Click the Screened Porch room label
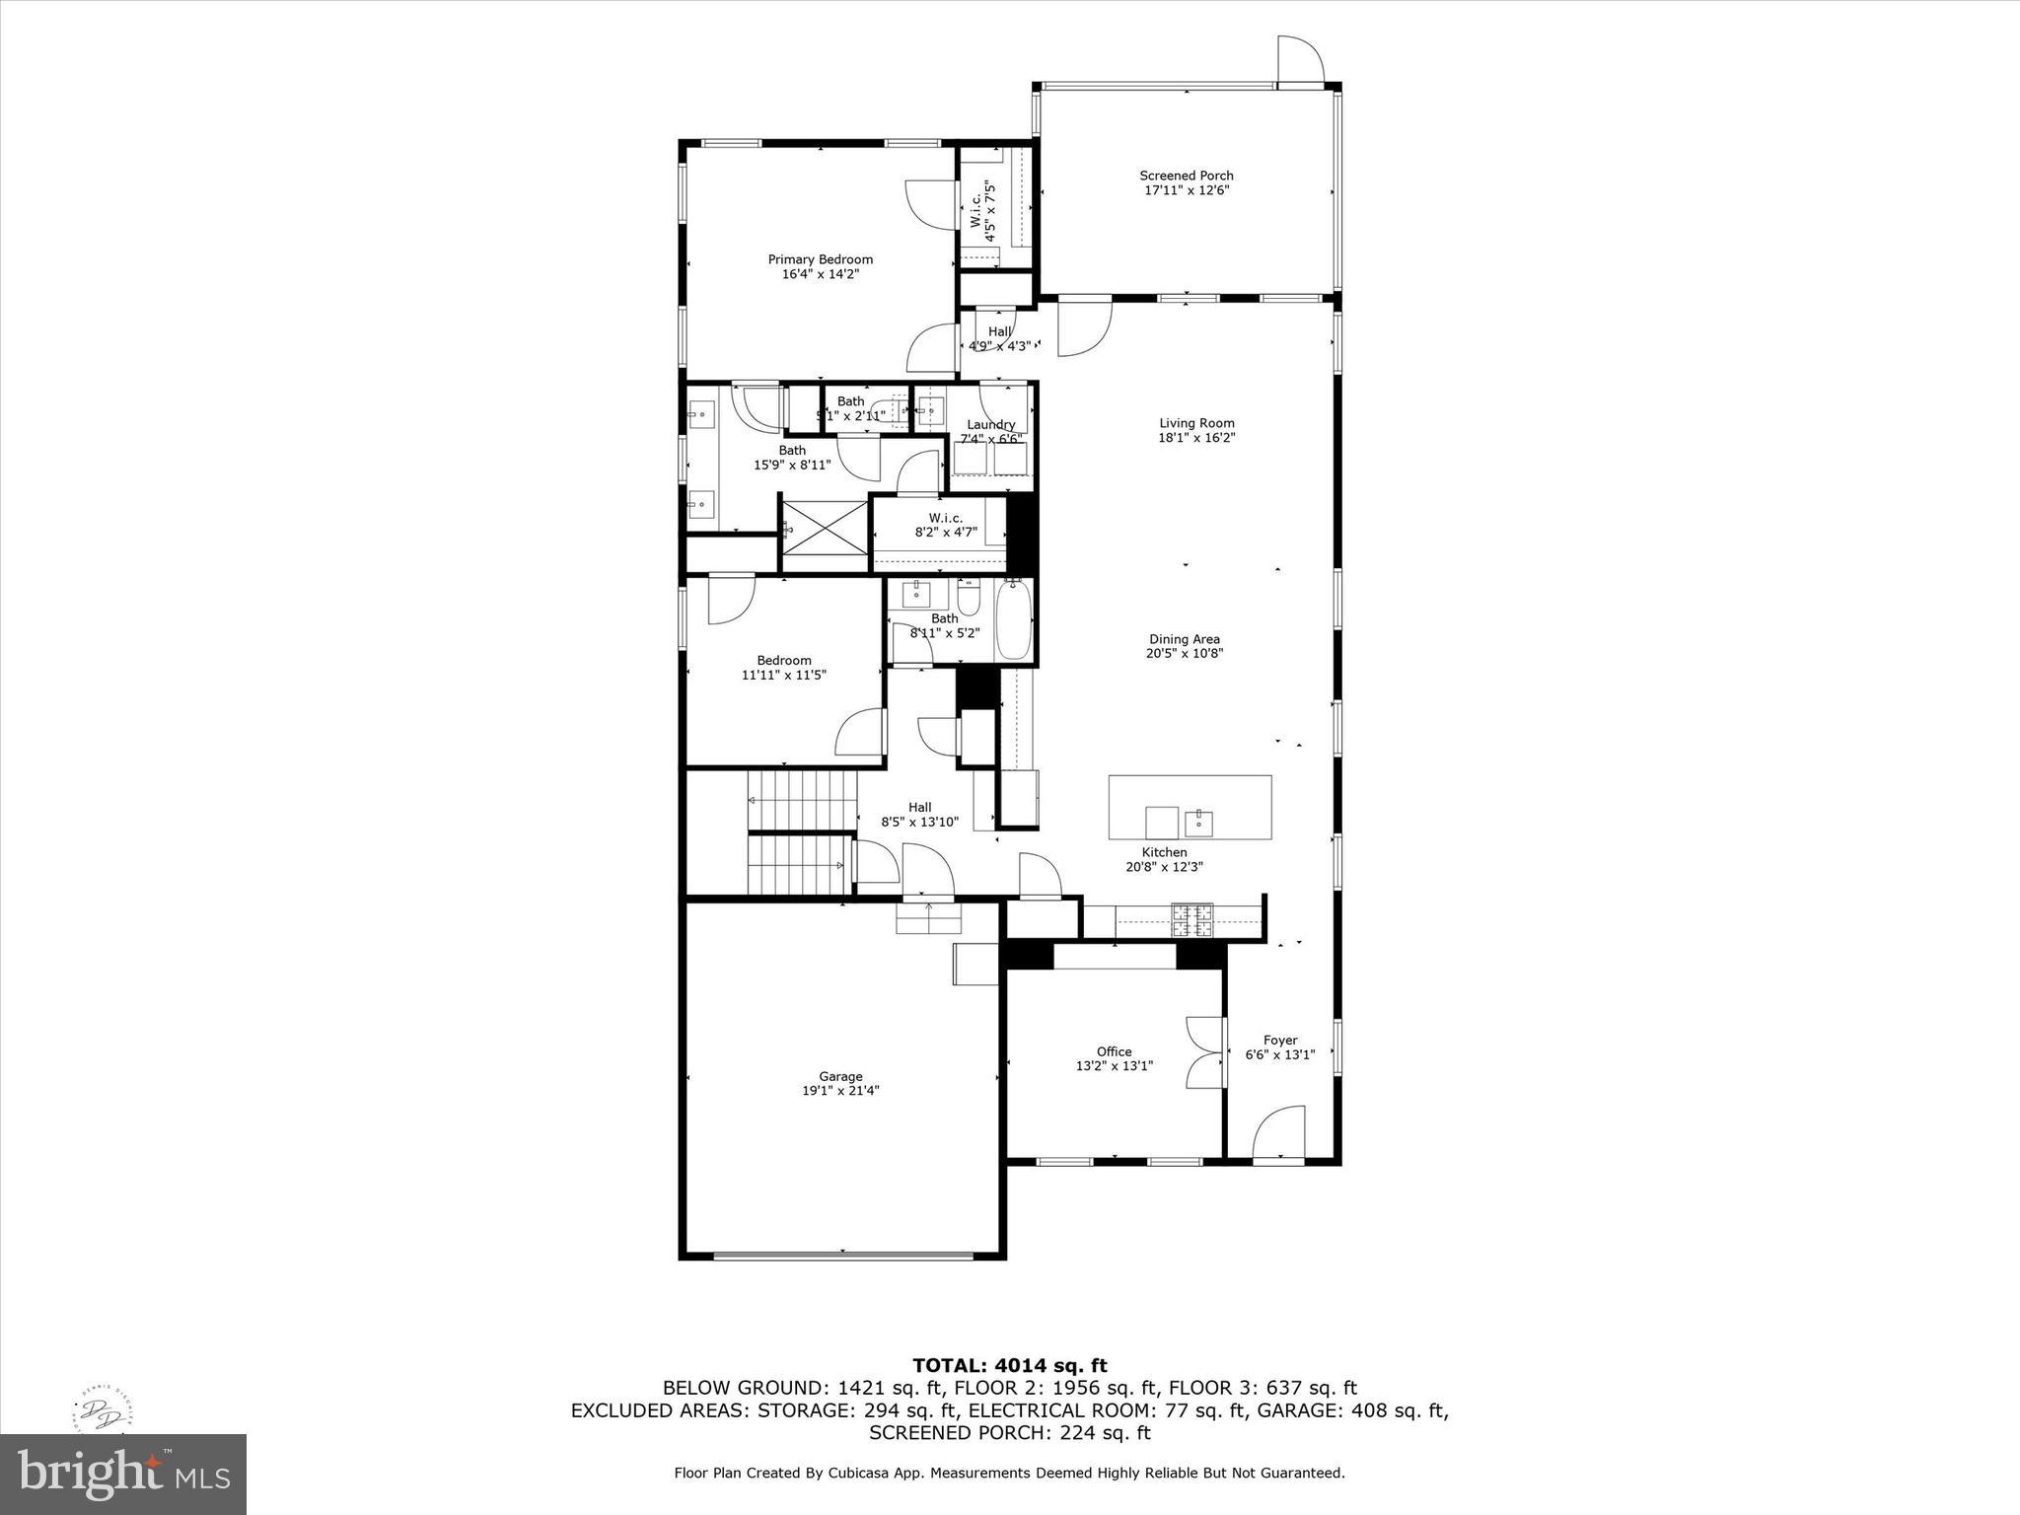pos(1187,176)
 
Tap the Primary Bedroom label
pos(820,259)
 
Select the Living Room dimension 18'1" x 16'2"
pos(1196,438)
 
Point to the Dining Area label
pos(1184,639)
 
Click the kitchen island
pos(1190,807)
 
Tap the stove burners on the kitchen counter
pos(1191,920)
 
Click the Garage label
pos(840,1076)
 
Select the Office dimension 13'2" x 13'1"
pos(1114,1066)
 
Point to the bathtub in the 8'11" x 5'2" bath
pos(1013,621)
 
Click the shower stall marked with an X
pos(824,536)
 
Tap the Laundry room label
pos(990,425)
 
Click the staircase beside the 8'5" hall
pos(801,830)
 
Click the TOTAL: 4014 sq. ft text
pos(1009,1365)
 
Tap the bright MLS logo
pos(123,1475)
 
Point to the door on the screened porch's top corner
pos(1300,61)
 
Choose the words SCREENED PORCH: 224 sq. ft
pos(1009,1432)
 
